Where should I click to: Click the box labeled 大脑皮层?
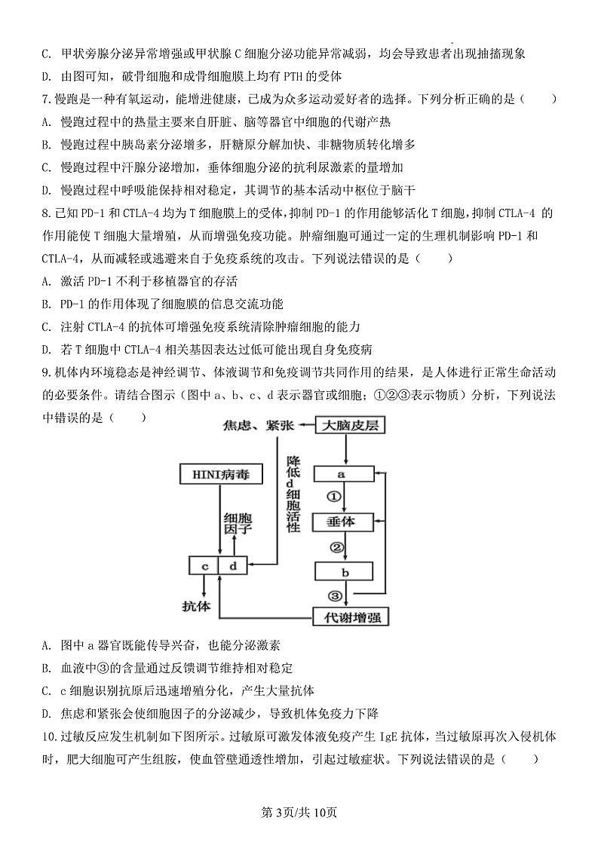point(349,427)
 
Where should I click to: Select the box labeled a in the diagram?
point(343,474)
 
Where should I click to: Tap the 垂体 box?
point(343,522)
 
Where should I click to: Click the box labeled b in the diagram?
point(343,571)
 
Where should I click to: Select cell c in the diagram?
point(204,565)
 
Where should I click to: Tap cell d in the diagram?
point(233,565)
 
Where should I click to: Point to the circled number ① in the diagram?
point(335,498)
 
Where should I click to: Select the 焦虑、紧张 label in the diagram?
point(257,427)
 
